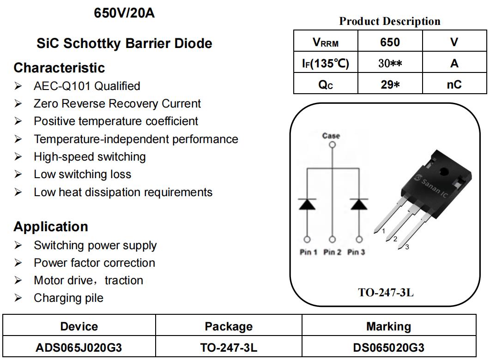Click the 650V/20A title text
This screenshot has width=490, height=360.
[x=124, y=13]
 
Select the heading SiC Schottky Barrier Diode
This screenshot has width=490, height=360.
[x=124, y=43]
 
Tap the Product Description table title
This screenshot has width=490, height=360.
[x=390, y=21]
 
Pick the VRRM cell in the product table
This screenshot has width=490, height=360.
[x=326, y=42]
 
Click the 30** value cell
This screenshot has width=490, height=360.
[x=390, y=63]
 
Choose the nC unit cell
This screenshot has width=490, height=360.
[x=454, y=84]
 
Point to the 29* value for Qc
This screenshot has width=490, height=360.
[x=390, y=84]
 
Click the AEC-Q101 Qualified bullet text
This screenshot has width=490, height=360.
[x=87, y=86]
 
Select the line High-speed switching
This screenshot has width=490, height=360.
[x=90, y=157]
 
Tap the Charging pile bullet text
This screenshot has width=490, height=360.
[x=68, y=298]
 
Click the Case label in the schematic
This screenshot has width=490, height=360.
[x=331, y=136]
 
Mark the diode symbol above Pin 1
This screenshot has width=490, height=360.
[x=307, y=204]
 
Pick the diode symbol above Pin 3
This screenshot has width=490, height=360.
[x=359, y=204]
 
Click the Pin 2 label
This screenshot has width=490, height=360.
[x=332, y=252]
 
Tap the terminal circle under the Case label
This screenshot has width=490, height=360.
[x=332, y=145]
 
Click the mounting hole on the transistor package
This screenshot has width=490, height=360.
[x=444, y=171]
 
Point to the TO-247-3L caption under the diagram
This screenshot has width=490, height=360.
[x=386, y=293]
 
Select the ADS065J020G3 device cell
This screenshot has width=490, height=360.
[x=79, y=348]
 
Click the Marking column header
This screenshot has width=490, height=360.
[x=388, y=327]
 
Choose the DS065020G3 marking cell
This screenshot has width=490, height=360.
[x=388, y=348]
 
